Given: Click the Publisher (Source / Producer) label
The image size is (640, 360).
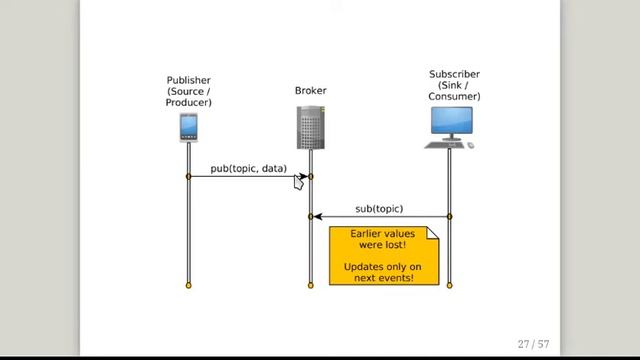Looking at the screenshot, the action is pos(189,91).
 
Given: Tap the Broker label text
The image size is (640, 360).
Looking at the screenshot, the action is pos(311,90).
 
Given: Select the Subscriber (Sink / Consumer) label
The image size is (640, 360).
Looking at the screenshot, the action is pos(454,85).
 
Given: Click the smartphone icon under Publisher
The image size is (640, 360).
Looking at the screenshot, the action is pos(189,128).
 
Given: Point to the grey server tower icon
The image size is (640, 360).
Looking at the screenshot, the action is pos(311,127).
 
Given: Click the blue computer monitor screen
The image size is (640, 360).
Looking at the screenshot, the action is pos(452,120).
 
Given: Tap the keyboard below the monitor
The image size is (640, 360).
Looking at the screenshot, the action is pos(445,145).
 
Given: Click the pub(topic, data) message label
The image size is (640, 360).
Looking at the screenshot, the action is pos(249,168).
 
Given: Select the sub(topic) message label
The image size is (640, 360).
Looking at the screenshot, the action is pos(379,209).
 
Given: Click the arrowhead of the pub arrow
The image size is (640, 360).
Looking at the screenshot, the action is pos(303,176).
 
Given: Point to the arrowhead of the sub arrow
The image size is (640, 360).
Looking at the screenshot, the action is pos(318,217).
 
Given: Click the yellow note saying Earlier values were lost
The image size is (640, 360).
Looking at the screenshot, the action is pos(384,256).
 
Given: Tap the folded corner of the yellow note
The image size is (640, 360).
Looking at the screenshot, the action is pos(433,233).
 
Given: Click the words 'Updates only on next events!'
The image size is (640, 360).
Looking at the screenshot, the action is pos(382,272).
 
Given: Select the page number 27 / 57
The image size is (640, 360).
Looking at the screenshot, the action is pos(533,344).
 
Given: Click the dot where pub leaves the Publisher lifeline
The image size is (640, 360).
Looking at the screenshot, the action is pos(188,176).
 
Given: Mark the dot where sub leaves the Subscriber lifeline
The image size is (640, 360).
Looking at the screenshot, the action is pos(449,217).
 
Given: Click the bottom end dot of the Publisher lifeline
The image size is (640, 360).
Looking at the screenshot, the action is pos(188,285).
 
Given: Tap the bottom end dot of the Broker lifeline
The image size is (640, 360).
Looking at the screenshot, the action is pos(311,285).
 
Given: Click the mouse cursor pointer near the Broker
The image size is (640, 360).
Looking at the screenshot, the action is pos(298,182).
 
